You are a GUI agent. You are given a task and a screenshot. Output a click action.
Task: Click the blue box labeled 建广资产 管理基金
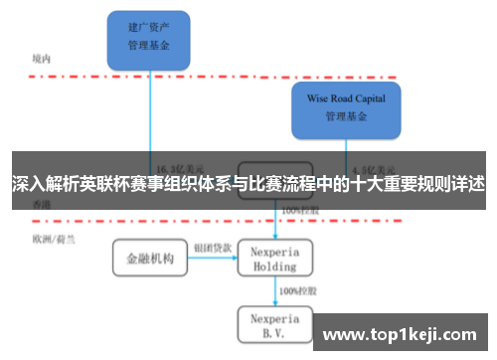[149, 39]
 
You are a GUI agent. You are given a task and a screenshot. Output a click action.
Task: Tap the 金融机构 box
[149, 259]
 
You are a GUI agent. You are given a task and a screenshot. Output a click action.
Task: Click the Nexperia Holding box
[274, 258]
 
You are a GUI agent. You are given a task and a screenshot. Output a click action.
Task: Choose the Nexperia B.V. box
[274, 324]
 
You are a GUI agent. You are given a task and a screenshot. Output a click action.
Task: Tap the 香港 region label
[41, 205]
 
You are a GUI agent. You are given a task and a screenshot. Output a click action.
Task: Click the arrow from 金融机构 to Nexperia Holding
[212, 259]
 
